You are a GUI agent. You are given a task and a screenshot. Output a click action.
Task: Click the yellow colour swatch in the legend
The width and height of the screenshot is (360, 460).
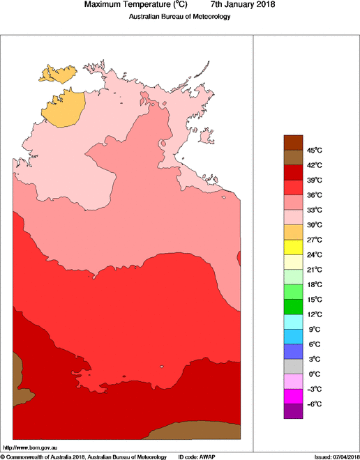tap(293, 247)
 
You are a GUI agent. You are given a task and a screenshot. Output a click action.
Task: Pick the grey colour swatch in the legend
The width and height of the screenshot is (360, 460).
tap(293, 367)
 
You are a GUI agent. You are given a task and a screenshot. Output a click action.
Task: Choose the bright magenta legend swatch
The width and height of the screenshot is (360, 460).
tap(293, 397)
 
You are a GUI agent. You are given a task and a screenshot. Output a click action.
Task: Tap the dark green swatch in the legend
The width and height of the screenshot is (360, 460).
tap(293, 307)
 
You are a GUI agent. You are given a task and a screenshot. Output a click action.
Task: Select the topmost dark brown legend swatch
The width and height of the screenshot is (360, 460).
tap(293, 142)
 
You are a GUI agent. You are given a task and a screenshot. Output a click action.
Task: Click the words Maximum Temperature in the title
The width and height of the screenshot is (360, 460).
tap(128, 5)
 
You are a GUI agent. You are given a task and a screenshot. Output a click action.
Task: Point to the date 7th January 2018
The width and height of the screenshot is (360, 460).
tap(238, 5)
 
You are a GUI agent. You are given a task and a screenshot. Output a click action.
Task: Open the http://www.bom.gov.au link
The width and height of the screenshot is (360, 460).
tap(31, 447)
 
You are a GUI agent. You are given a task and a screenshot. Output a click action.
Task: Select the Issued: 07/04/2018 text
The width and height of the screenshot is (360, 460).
tap(336, 457)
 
